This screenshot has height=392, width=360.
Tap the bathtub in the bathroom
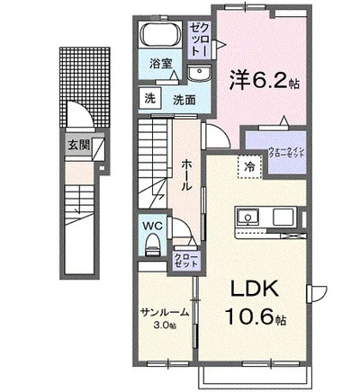pos(162,38)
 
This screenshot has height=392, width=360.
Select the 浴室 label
pos(159,66)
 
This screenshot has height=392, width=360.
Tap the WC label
pos(150,225)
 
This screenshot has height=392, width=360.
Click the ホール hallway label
pos(184,172)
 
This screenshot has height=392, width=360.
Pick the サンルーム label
pos(164,312)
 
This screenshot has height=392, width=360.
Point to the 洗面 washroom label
pos(184,100)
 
